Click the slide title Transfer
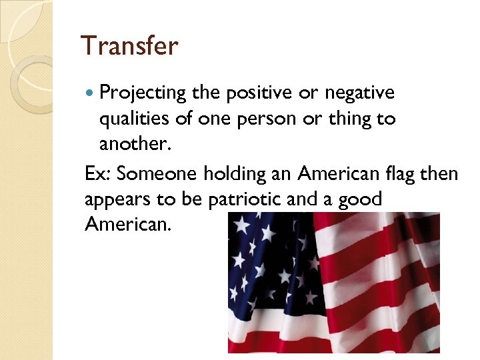(129, 46)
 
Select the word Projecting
(141, 93)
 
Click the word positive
(251, 93)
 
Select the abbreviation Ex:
(99, 174)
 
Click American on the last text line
(128, 224)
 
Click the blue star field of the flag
(267, 267)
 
